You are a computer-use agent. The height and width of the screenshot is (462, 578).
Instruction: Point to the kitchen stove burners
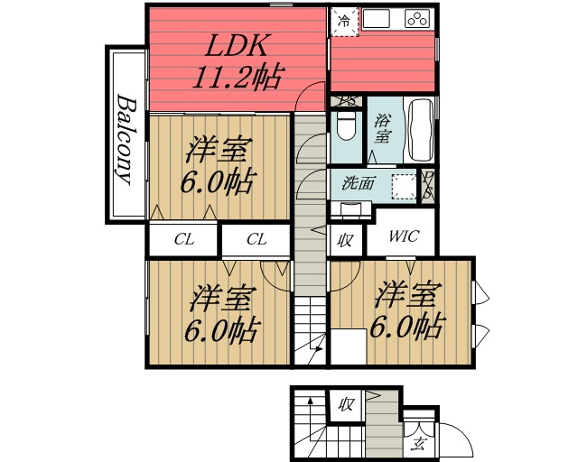pos(418,19)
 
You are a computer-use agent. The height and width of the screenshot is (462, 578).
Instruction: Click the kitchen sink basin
pos(378,18)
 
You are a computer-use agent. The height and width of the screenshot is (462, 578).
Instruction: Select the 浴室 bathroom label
pos(383,129)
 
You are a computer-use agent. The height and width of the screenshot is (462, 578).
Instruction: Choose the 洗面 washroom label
pos(359,184)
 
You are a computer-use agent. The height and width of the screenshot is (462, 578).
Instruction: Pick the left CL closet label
pos(184,240)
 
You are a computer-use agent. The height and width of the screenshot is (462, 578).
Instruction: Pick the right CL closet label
pos(256,240)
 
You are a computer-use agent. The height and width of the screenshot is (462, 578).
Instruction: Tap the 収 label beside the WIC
pos(345,240)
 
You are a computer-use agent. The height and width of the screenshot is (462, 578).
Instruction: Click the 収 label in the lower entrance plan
pos(345,404)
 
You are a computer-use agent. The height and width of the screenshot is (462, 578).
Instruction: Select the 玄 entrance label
pos(418,442)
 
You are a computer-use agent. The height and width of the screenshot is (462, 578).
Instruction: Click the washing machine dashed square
pos(405,184)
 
